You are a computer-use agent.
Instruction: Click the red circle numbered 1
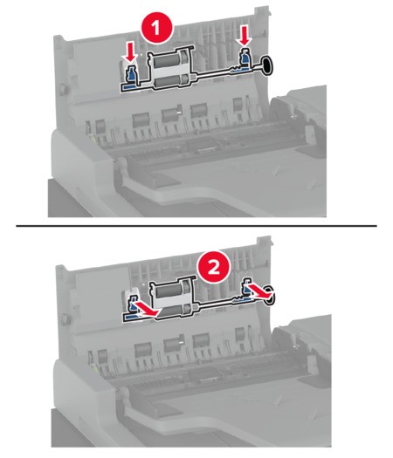click(x=156, y=28)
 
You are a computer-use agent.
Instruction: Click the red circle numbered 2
click(x=214, y=266)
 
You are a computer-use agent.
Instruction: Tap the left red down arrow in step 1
click(x=131, y=51)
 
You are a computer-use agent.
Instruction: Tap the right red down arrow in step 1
click(x=245, y=36)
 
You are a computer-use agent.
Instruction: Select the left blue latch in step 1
click(x=131, y=73)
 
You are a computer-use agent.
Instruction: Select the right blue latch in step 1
click(x=245, y=57)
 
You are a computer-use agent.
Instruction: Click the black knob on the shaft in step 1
click(x=267, y=65)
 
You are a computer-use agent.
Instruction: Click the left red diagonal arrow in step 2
click(x=146, y=310)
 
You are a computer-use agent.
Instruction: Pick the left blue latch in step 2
click(x=133, y=304)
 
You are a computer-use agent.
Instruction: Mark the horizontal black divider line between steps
click(x=196, y=226)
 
